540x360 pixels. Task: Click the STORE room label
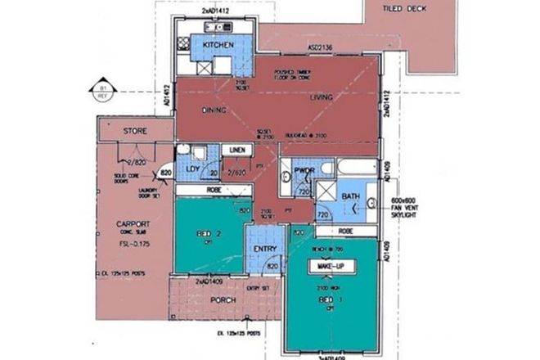pyautogui.click(x=134, y=131)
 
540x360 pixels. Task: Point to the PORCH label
pyautogui.click(x=223, y=300)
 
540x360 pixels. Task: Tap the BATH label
pyautogui.click(x=351, y=196)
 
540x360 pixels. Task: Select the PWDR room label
pyautogui.click(x=304, y=170)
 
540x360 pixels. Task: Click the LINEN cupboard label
pyautogui.click(x=238, y=150)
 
